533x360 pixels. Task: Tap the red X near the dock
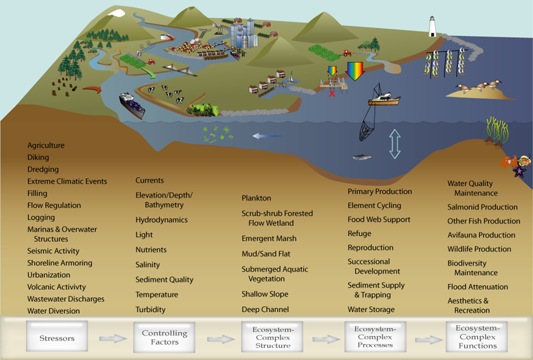[332, 93]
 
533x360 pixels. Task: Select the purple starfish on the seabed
[519, 171]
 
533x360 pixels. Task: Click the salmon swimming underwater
[362, 157]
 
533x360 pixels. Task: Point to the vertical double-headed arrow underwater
[394, 143]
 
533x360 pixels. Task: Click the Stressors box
[57, 338]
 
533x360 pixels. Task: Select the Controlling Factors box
[164, 337]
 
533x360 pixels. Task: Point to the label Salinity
[147, 265]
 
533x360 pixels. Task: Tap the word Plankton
[256, 198]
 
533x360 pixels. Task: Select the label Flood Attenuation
[478, 287]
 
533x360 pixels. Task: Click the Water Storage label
[370, 309]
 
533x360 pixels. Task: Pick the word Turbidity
[150, 309]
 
